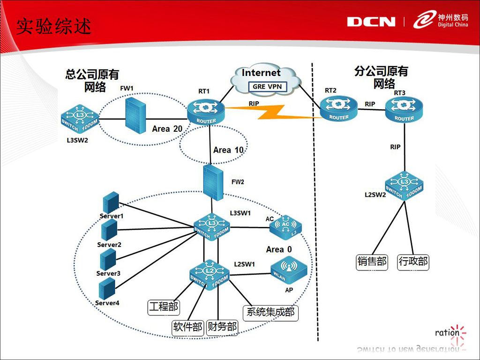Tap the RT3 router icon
[x=404, y=110]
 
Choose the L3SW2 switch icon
[x=79, y=118]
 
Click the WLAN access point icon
[x=288, y=270]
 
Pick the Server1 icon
[x=111, y=202]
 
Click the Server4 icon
[x=107, y=288]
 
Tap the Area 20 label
[x=167, y=128]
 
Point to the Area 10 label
[x=228, y=150]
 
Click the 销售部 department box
[x=372, y=261]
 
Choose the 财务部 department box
[x=222, y=327]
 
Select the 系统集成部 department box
[x=270, y=311]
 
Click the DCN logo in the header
[x=371, y=22]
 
